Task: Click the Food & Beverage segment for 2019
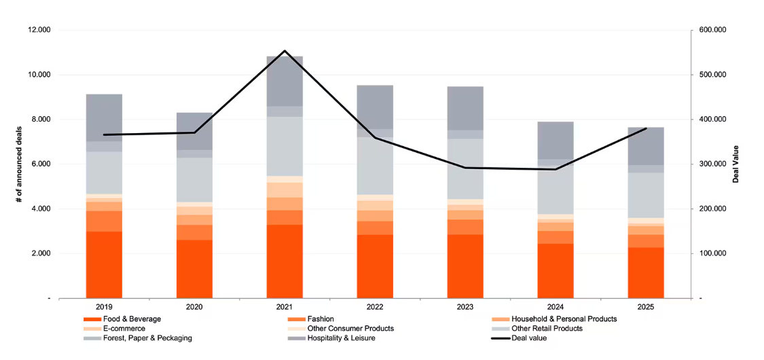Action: click(x=104, y=264)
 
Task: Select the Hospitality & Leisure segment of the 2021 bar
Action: click(x=285, y=81)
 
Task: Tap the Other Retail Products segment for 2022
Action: click(x=375, y=166)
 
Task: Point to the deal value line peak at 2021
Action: click(x=285, y=51)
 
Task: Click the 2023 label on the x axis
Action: click(x=465, y=308)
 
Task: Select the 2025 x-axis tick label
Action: click(x=646, y=308)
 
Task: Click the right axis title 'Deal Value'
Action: click(x=736, y=164)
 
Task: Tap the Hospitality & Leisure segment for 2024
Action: click(x=556, y=141)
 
